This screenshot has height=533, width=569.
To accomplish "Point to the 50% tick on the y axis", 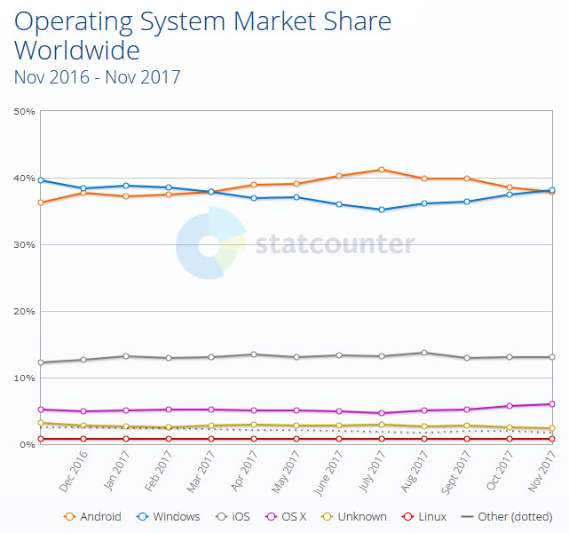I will coord(24,112).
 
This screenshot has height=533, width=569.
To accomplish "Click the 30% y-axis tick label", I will coord(24,245).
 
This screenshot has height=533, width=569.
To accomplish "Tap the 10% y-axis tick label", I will coord(24,378).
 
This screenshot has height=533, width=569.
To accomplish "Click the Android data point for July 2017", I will coord(382,170).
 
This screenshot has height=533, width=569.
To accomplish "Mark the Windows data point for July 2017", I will coord(382,210).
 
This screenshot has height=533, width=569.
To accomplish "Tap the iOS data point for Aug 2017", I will coord(424,353).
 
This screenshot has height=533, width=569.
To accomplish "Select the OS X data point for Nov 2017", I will coord(552,404).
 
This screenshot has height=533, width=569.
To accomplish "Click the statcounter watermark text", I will coord(334,244).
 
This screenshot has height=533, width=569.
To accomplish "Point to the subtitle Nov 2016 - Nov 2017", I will coord(97,77).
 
